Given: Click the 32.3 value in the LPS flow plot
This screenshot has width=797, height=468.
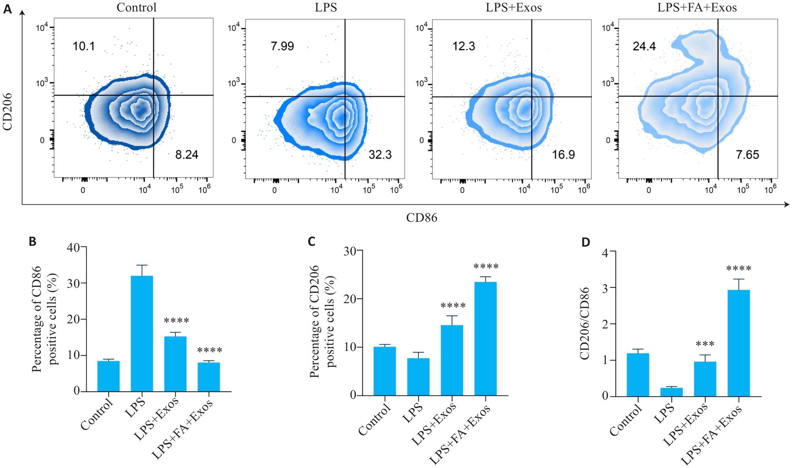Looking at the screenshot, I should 380,155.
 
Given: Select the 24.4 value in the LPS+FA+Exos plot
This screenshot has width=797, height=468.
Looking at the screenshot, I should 644,47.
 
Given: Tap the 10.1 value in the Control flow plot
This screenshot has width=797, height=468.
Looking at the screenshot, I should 84,46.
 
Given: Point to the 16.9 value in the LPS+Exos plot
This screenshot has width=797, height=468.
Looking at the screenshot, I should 563,155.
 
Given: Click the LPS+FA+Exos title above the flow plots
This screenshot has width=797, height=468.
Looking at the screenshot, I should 697,8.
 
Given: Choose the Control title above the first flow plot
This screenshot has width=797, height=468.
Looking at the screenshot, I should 136,8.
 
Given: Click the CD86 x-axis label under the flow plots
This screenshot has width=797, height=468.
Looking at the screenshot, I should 422,218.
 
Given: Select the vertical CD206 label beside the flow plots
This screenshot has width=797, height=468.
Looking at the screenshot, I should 8,112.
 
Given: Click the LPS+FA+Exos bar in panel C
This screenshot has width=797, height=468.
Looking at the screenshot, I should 485,338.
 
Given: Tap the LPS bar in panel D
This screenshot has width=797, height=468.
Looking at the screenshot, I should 671,392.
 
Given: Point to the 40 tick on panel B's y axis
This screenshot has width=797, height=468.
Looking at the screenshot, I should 73,248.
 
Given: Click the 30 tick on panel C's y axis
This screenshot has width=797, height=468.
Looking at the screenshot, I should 350,251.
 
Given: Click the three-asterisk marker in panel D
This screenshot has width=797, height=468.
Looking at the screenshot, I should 705,344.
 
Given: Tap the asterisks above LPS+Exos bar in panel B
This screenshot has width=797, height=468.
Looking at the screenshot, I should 176,321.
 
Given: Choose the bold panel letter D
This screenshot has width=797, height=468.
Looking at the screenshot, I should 586,242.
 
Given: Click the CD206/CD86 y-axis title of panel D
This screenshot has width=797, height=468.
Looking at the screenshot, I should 584,323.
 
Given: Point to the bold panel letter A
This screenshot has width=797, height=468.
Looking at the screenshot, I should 8,9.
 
